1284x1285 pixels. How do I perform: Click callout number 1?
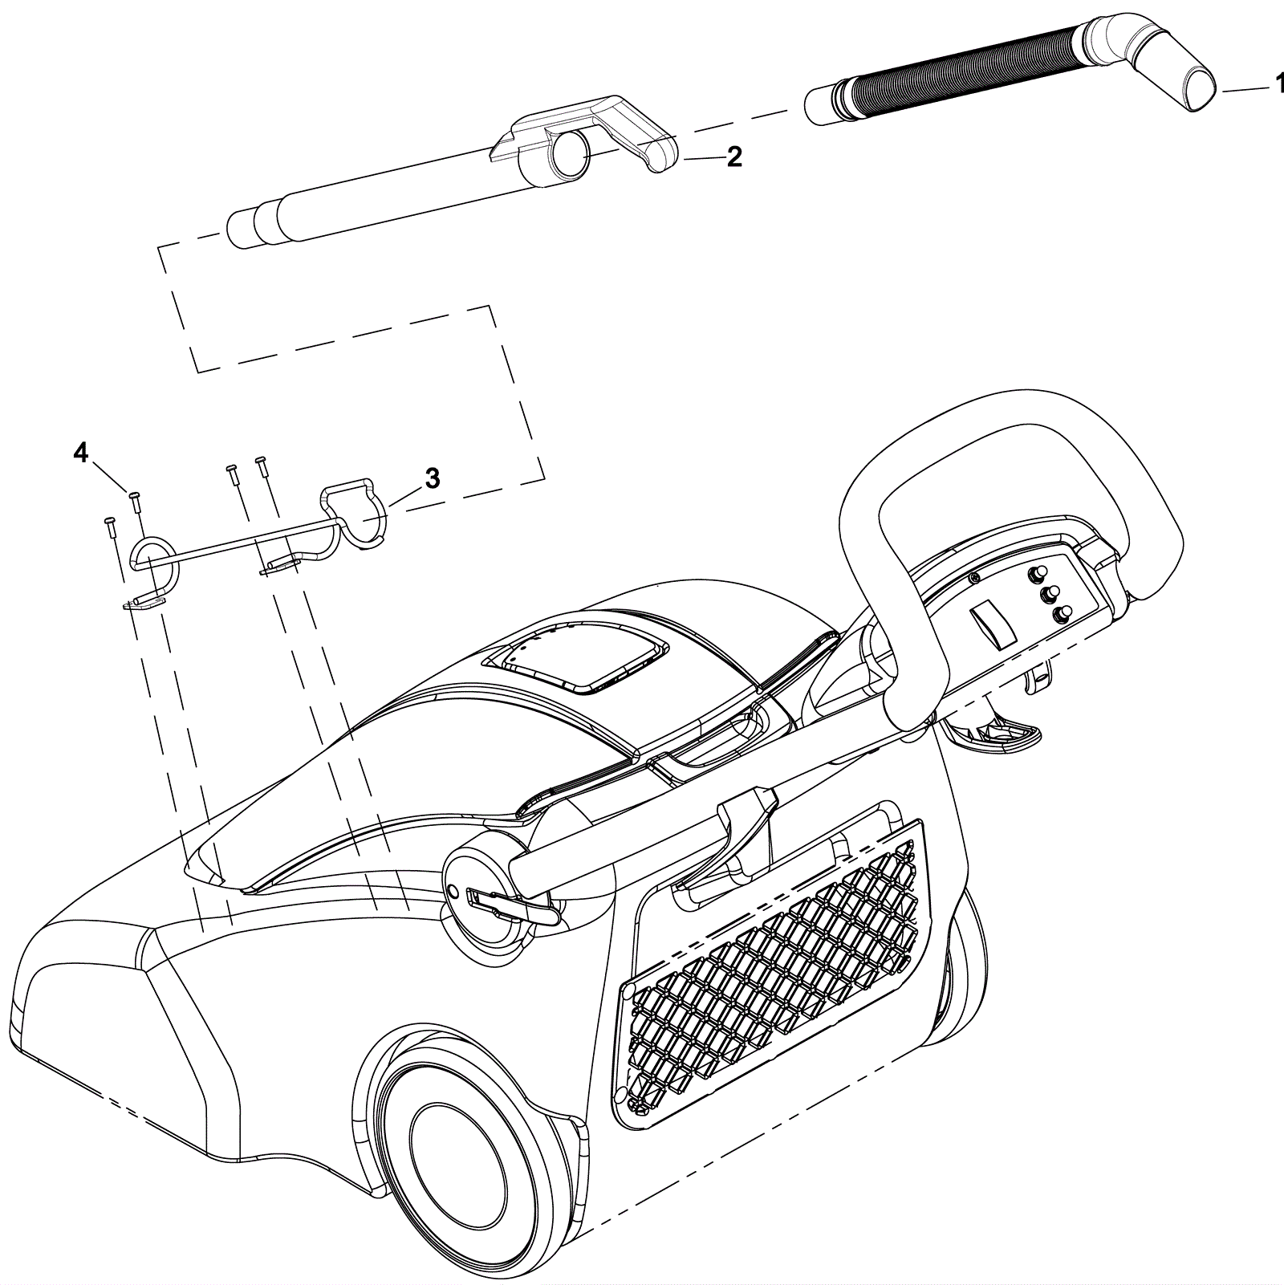pos(1275,84)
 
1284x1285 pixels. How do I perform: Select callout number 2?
pos(733,158)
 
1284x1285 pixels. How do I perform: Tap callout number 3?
pos(432,480)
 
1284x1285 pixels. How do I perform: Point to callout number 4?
pos(80,453)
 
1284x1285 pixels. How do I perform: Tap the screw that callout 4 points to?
pos(134,500)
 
